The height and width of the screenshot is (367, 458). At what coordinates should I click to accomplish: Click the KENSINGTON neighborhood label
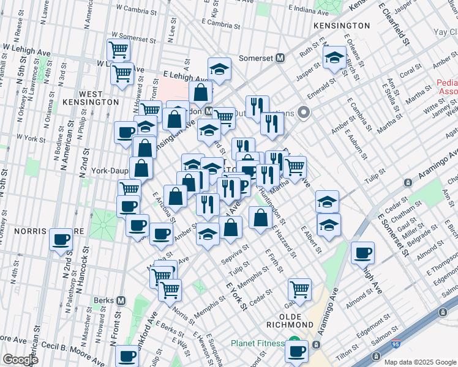[341, 26]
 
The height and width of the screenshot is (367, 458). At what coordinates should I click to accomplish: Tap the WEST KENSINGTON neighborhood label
[99, 97]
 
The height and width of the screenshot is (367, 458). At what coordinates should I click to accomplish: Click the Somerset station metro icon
[281, 57]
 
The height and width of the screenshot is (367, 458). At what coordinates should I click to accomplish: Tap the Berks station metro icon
[121, 300]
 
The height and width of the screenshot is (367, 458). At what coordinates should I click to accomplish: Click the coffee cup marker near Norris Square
[61, 240]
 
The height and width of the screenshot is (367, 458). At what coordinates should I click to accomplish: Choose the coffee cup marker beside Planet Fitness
[298, 352]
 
